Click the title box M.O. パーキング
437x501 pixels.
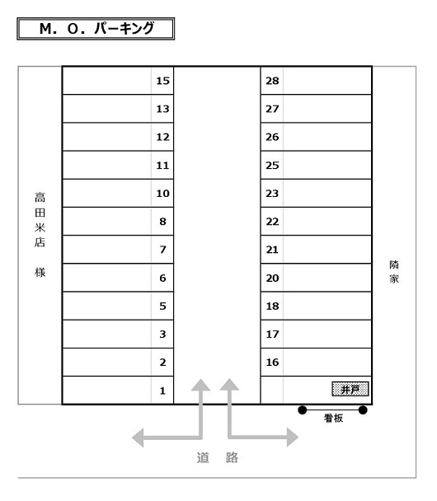point(96,29)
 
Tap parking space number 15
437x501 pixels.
point(118,81)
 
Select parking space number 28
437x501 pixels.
point(316,81)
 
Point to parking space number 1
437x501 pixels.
point(118,390)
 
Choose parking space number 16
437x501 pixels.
point(316,362)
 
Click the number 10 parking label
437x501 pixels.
point(162,194)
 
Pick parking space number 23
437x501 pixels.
point(316,194)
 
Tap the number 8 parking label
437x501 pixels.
point(162,222)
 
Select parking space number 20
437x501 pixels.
point(316,278)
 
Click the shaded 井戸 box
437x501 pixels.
point(350,389)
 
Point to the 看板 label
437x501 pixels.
point(333,418)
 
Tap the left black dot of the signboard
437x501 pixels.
point(303,410)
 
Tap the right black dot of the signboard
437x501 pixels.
point(363,410)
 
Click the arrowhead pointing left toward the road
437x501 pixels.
point(138,438)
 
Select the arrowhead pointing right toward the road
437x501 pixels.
point(293,437)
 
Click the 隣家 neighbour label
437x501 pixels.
point(394,272)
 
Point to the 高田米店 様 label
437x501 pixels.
point(40,235)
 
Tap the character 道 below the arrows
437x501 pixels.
point(203,457)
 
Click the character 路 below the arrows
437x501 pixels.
point(232,457)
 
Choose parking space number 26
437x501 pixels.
point(316,137)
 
